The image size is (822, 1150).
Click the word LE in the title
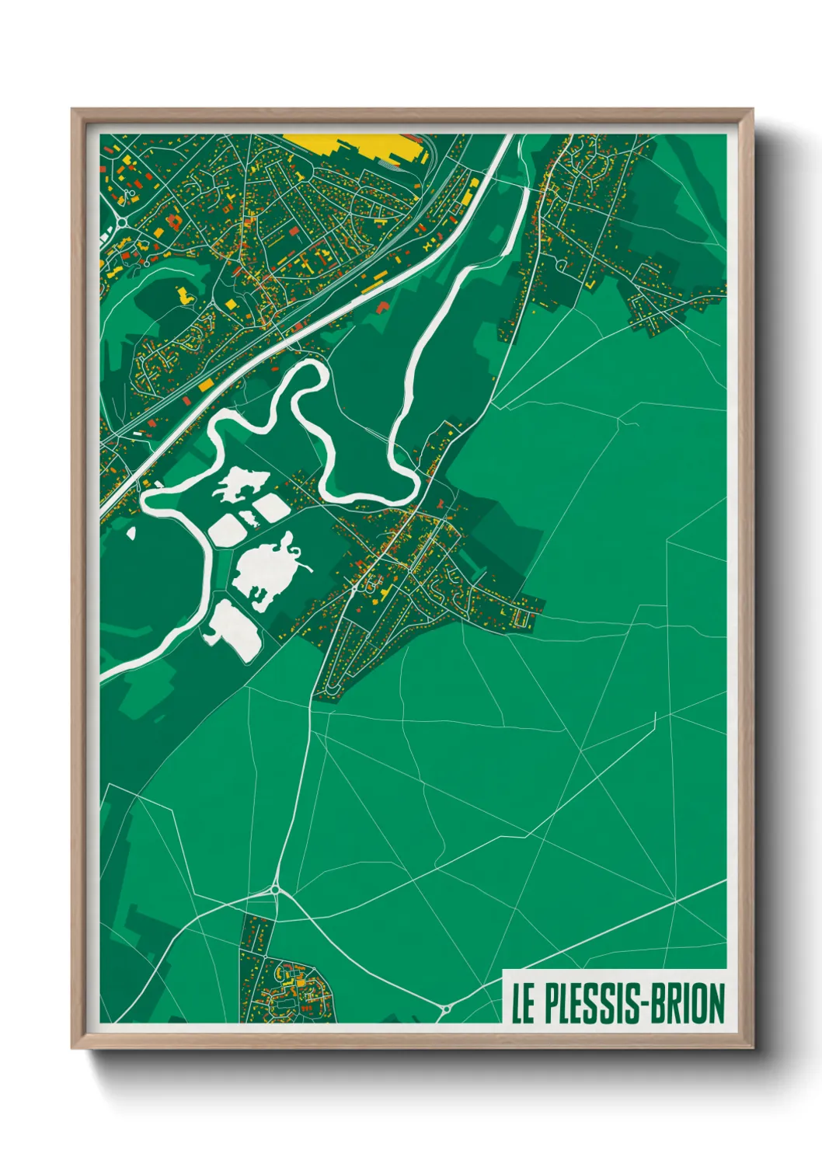coord(522,1003)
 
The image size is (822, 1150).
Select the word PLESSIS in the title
coord(588,1003)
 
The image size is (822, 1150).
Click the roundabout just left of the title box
coord(446,1009)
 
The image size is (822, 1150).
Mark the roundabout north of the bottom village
coord(275,889)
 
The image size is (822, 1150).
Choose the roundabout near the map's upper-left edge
coord(121,222)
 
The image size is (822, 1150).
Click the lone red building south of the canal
coord(382,307)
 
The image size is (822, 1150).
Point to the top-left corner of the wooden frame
coord(73,110)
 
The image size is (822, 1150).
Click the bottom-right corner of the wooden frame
coord(751,1047)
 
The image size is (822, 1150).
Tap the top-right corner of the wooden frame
coord(751,110)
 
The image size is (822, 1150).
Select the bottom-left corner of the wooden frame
coord(73,1047)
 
